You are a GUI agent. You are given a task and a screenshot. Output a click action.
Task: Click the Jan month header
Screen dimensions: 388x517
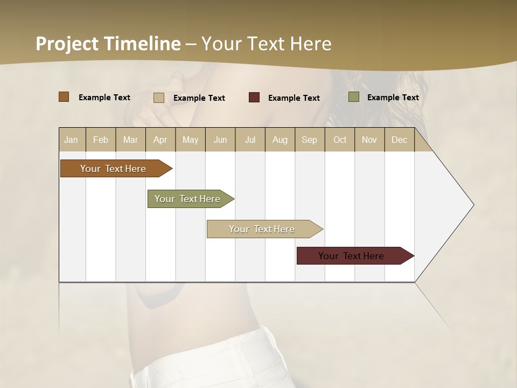pyautogui.click(x=71, y=140)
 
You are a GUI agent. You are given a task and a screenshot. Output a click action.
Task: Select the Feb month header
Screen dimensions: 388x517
pyautogui.click(x=101, y=140)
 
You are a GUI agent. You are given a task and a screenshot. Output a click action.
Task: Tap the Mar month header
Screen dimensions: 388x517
pyautogui.click(x=130, y=140)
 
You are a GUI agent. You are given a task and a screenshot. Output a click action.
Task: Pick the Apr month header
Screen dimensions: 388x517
pyautogui.click(x=160, y=140)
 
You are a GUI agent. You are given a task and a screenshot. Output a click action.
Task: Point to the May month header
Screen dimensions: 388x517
pyautogui.click(x=190, y=140)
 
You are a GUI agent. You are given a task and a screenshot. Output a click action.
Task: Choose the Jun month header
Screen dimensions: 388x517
pyautogui.click(x=220, y=140)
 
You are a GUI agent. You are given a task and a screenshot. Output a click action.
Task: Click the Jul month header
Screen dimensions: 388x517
pyautogui.click(x=250, y=140)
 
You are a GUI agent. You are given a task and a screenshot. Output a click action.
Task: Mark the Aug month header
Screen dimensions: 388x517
pyautogui.click(x=280, y=140)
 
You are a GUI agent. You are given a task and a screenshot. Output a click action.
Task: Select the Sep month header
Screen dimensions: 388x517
pyautogui.click(x=309, y=140)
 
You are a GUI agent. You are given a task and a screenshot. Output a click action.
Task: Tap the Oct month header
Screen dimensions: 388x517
pyautogui.click(x=340, y=140)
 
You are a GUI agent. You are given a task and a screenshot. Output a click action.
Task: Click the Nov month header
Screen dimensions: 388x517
pyautogui.click(x=369, y=140)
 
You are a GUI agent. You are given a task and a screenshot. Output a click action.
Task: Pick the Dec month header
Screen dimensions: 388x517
pyautogui.click(x=399, y=140)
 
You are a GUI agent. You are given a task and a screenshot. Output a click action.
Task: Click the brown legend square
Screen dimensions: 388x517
pyautogui.click(x=64, y=97)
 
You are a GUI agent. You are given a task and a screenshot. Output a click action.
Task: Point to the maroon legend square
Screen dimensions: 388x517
pyautogui.click(x=254, y=97)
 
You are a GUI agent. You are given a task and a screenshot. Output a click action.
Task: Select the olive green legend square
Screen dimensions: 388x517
pyautogui.click(x=353, y=97)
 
